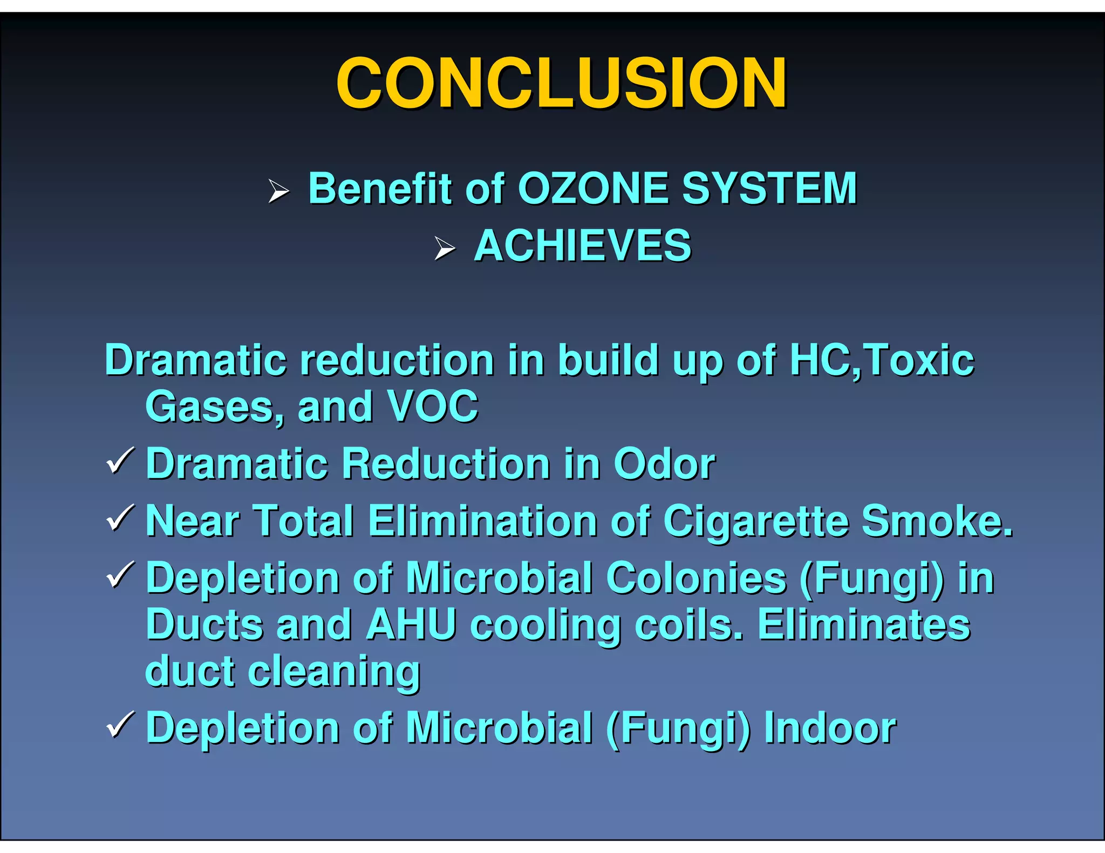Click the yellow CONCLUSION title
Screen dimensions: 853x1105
[x=561, y=83]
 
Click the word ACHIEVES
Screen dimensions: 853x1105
[x=582, y=246]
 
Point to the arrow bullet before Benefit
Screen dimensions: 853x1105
[x=278, y=191]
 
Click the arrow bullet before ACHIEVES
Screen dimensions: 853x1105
[x=445, y=249]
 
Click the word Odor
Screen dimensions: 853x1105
[x=664, y=464]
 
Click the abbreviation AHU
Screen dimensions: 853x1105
[x=411, y=625]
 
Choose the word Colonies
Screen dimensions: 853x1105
[x=696, y=578]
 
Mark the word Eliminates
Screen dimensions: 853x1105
[x=864, y=625]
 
